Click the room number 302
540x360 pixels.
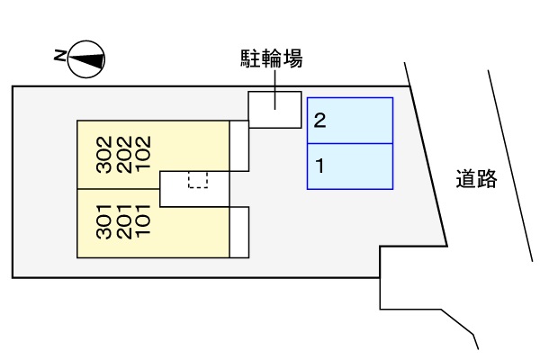tap(103, 155)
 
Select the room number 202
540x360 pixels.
tap(123, 155)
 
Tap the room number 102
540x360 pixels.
tap(142, 155)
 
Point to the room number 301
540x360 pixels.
tap(103, 223)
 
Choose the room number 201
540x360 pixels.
tap(123, 223)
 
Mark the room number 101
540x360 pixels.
tap(142, 223)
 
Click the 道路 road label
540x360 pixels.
tap(476, 179)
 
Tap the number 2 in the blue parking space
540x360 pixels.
tap(319, 121)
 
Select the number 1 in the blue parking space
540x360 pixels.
tap(319, 166)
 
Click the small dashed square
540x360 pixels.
tap(198, 179)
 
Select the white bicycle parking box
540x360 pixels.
tap(274, 109)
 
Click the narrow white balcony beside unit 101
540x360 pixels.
tap(238, 232)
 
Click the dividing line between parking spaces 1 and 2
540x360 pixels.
tap(351, 143)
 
